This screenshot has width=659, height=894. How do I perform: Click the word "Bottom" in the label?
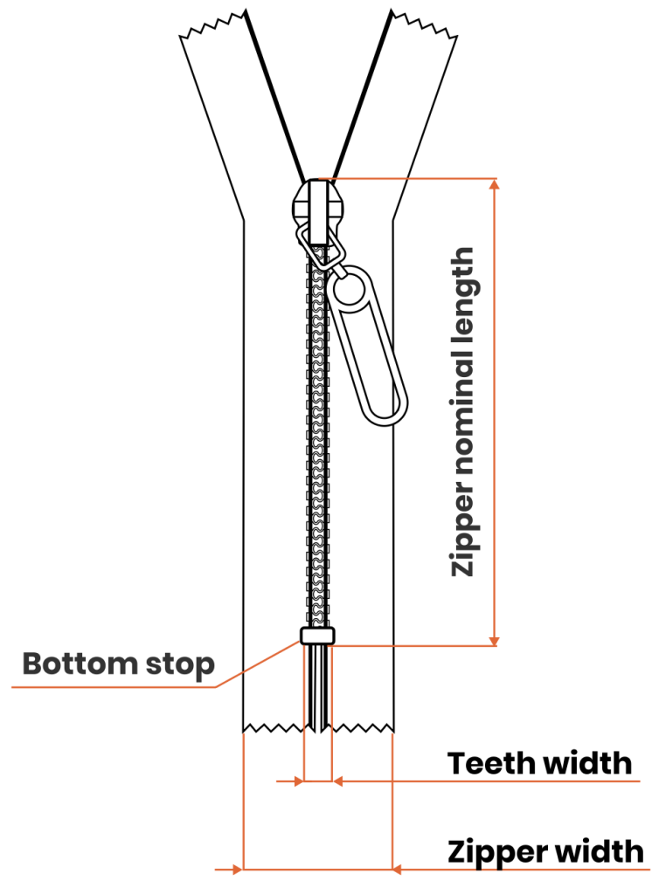(74, 664)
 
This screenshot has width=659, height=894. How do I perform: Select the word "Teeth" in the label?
(491, 763)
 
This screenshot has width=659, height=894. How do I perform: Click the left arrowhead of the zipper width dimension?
(235, 869)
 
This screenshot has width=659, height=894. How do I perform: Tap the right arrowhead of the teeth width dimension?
(338, 781)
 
